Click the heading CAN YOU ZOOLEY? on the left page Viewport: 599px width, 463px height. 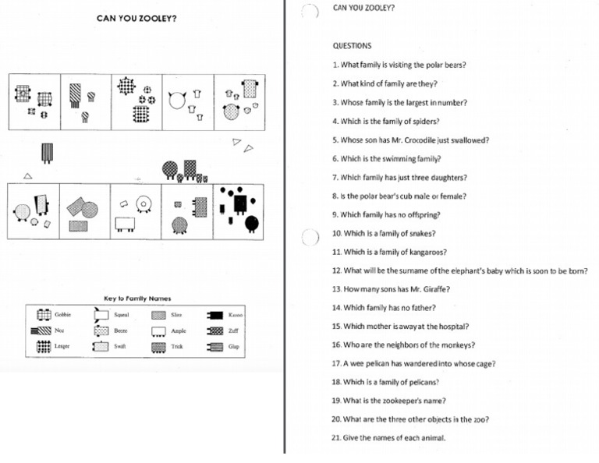136,18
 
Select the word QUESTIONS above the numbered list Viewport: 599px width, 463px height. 352,46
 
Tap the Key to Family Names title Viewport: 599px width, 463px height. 137,299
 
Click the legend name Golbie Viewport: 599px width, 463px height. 63,315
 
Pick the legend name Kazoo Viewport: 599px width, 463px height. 235,315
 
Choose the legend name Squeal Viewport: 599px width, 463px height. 121,315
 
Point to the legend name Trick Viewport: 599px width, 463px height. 178,346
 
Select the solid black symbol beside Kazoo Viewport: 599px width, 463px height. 215,315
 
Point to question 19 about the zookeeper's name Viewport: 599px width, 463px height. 389,401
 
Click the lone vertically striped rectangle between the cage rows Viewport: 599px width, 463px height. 47,152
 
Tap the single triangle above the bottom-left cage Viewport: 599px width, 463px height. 28,176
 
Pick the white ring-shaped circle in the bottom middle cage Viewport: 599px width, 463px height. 144,204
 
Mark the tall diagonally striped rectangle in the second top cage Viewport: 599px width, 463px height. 74,96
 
